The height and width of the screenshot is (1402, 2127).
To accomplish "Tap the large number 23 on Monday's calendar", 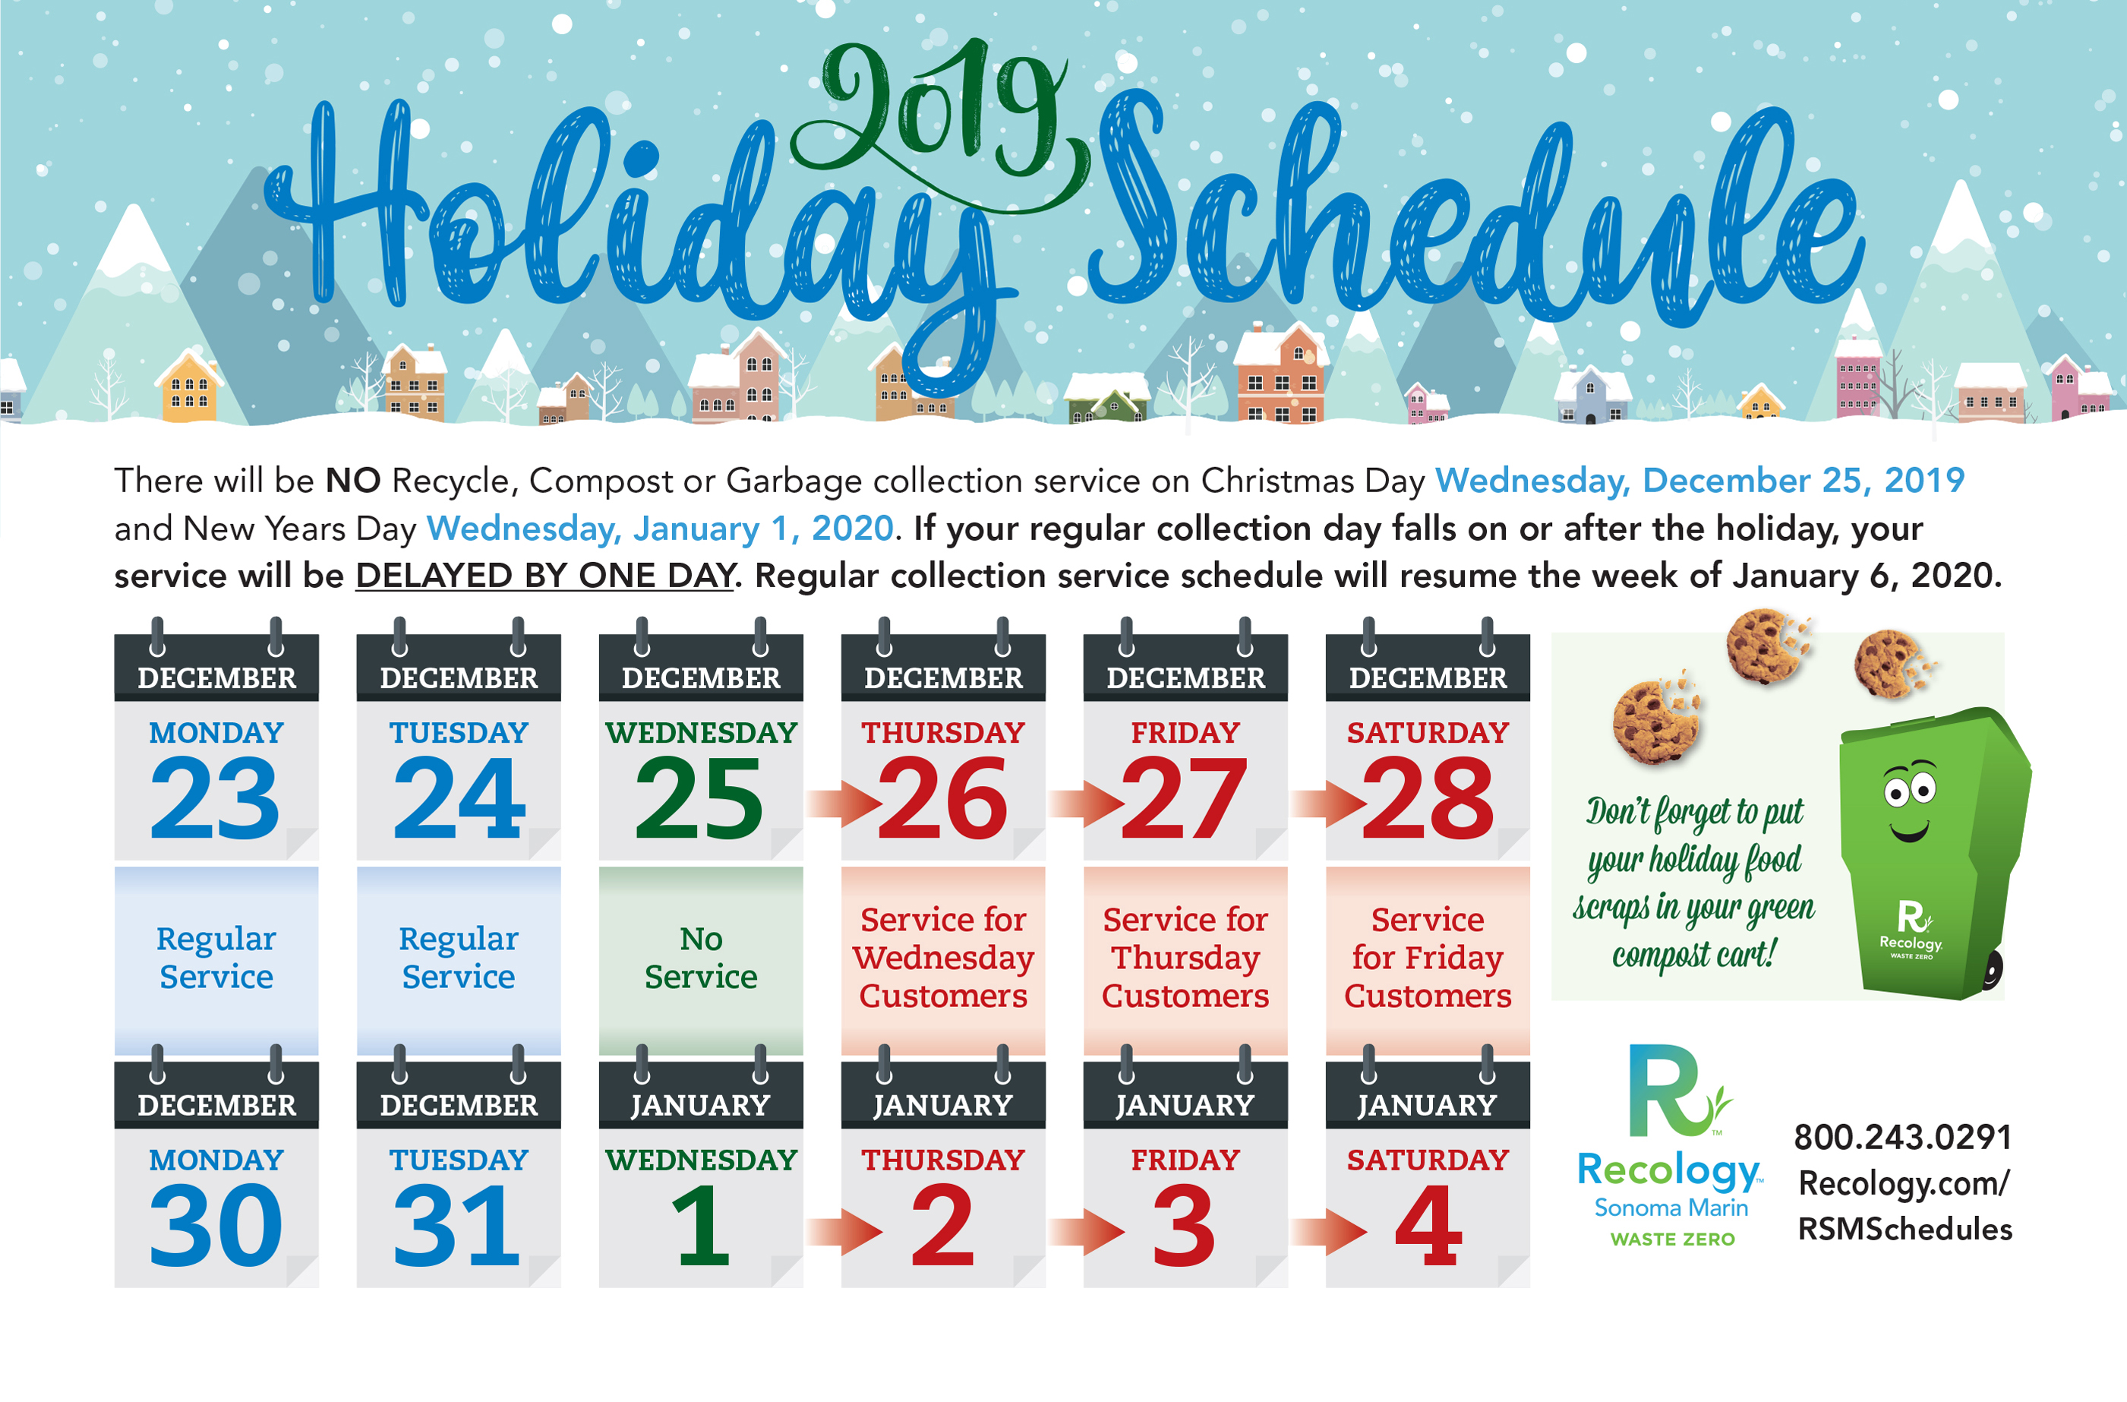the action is pos(216,797).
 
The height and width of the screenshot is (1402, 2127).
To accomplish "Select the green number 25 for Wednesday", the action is pos(699,797).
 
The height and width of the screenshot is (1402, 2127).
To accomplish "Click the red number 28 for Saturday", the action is pos(1428,797).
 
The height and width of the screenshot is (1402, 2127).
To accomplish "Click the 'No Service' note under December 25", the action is pos(701,958).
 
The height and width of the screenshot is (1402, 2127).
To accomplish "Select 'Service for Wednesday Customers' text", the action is pos(943,958).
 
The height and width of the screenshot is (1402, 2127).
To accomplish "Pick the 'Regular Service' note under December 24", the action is pos(459,958).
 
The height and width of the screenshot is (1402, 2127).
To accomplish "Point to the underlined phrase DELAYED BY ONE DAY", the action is pos(545,576).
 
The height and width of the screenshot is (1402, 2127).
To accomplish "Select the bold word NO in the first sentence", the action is pos(353,481).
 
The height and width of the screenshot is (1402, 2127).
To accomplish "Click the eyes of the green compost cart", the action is pos(1909,788).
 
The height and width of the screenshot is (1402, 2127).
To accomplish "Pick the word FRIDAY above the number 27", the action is pos(1185,733).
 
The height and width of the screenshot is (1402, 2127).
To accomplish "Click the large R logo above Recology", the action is pos(1678,1090).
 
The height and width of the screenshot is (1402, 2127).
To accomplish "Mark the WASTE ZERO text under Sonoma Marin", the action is pos(1672,1239).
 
